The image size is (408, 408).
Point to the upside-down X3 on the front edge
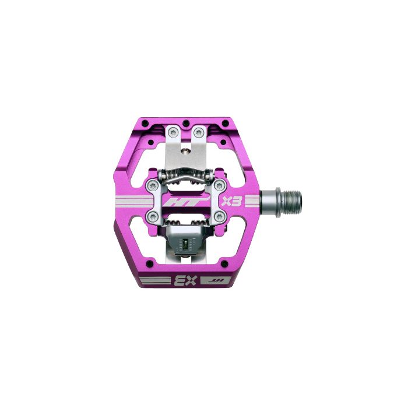point(185,282)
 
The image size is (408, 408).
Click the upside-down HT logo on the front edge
point(216,281)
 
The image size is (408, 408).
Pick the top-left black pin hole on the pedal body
point(143,122)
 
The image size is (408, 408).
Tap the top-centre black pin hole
point(185,122)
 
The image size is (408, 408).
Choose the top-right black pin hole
point(226,123)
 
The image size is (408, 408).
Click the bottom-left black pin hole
point(150,263)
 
